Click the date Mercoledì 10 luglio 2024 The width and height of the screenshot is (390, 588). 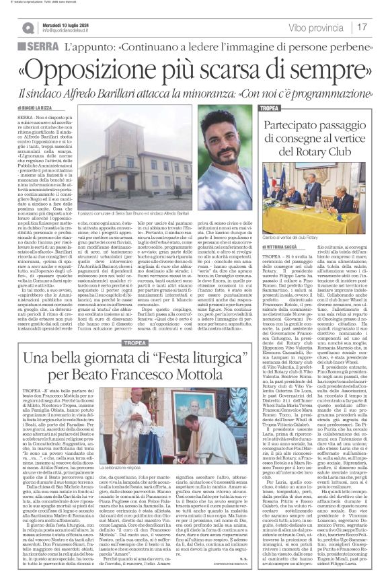click(65, 24)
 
